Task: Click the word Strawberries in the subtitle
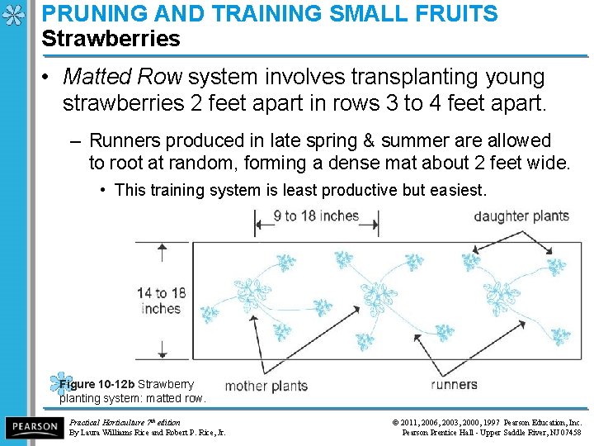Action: (111, 39)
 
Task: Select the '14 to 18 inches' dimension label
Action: (161, 301)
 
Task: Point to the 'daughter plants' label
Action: (521, 216)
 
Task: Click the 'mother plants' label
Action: (266, 385)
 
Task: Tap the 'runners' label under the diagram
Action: (454, 384)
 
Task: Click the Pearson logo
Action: (33, 427)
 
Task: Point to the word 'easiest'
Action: (457, 191)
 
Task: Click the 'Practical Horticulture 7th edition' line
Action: (125, 422)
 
